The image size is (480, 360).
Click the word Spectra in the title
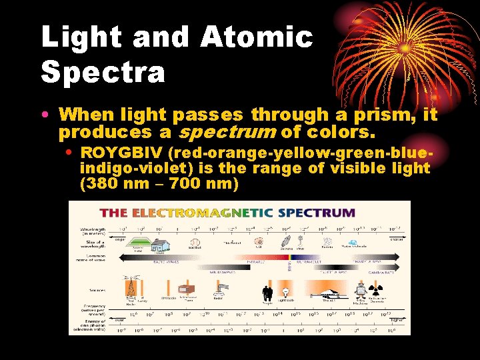point(103,71)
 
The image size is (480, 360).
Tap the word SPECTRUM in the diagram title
point(316,213)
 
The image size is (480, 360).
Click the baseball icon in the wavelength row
point(195,244)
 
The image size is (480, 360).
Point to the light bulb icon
point(286,291)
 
